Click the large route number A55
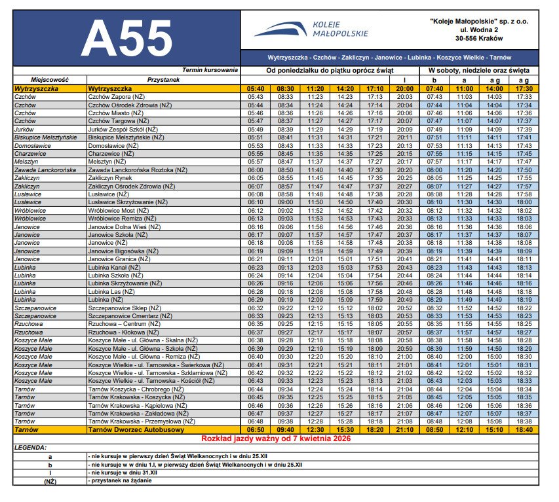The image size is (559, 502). (127, 39)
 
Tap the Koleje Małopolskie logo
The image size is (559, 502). (311, 29)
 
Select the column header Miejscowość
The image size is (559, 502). (50, 79)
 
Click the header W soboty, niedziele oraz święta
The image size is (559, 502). (478, 70)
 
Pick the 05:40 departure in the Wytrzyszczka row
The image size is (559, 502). (256, 88)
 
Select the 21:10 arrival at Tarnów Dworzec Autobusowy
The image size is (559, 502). (405, 429)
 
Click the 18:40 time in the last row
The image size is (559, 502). (524, 429)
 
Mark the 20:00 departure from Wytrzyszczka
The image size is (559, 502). (405, 88)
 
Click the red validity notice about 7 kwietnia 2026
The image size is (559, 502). (276, 438)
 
